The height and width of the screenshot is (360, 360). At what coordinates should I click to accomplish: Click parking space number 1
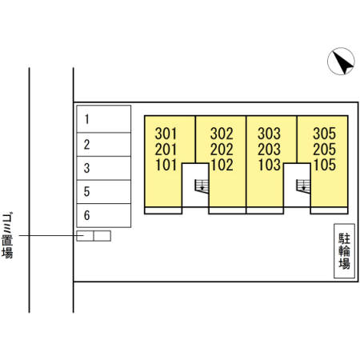click(104, 119)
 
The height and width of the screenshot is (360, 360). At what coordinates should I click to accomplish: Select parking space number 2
click(104, 145)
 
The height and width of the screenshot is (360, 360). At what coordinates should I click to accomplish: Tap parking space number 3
click(104, 168)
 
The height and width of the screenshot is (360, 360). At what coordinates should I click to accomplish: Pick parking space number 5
click(104, 192)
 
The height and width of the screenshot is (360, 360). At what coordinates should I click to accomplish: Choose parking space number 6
click(104, 215)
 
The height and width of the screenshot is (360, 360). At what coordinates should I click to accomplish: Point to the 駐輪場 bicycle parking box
click(344, 251)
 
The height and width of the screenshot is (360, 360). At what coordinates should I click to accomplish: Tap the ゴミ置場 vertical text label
click(8, 235)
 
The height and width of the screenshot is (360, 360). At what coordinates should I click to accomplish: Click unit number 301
click(166, 134)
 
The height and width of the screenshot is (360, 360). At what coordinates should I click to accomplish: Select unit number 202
click(222, 149)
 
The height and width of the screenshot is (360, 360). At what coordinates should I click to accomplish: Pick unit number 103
click(270, 165)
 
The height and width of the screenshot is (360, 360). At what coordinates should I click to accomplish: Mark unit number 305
click(324, 134)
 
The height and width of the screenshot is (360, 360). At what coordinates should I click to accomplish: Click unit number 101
click(166, 165)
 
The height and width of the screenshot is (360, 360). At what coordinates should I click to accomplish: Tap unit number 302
click(222, 134)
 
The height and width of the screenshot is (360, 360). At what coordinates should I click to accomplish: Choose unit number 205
click(324, 149)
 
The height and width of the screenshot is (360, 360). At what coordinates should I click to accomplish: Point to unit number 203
click(270, 149)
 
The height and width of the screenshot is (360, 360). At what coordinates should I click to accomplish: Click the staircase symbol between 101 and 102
click(202, 186)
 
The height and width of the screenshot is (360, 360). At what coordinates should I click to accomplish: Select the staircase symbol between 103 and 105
click(303, 186)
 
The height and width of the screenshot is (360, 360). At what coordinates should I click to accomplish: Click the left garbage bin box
click(85, 236)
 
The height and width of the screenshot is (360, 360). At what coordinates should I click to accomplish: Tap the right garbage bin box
click(102, 236)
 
